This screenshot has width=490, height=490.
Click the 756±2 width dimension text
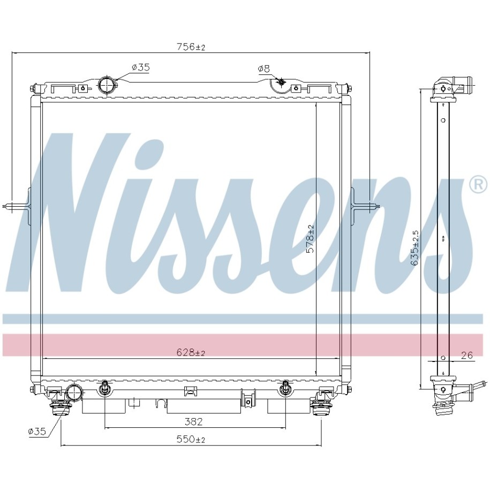click(x=191, y=47)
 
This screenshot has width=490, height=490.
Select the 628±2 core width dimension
click(x=191, y=352)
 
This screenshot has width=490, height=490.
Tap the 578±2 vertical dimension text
click(x=310, y=239)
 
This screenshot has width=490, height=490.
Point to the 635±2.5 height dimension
click(x=415, y=248)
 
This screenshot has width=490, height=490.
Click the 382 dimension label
click(x=194, y=421)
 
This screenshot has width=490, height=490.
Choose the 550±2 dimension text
click(x=191, y=439)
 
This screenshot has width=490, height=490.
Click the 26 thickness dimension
click(x=467, y=355)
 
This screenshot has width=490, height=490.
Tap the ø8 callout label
click(x=264, y=69)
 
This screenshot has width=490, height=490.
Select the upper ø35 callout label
click(x=141, y=67)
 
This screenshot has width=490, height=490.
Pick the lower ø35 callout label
click(x=37, y=432)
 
